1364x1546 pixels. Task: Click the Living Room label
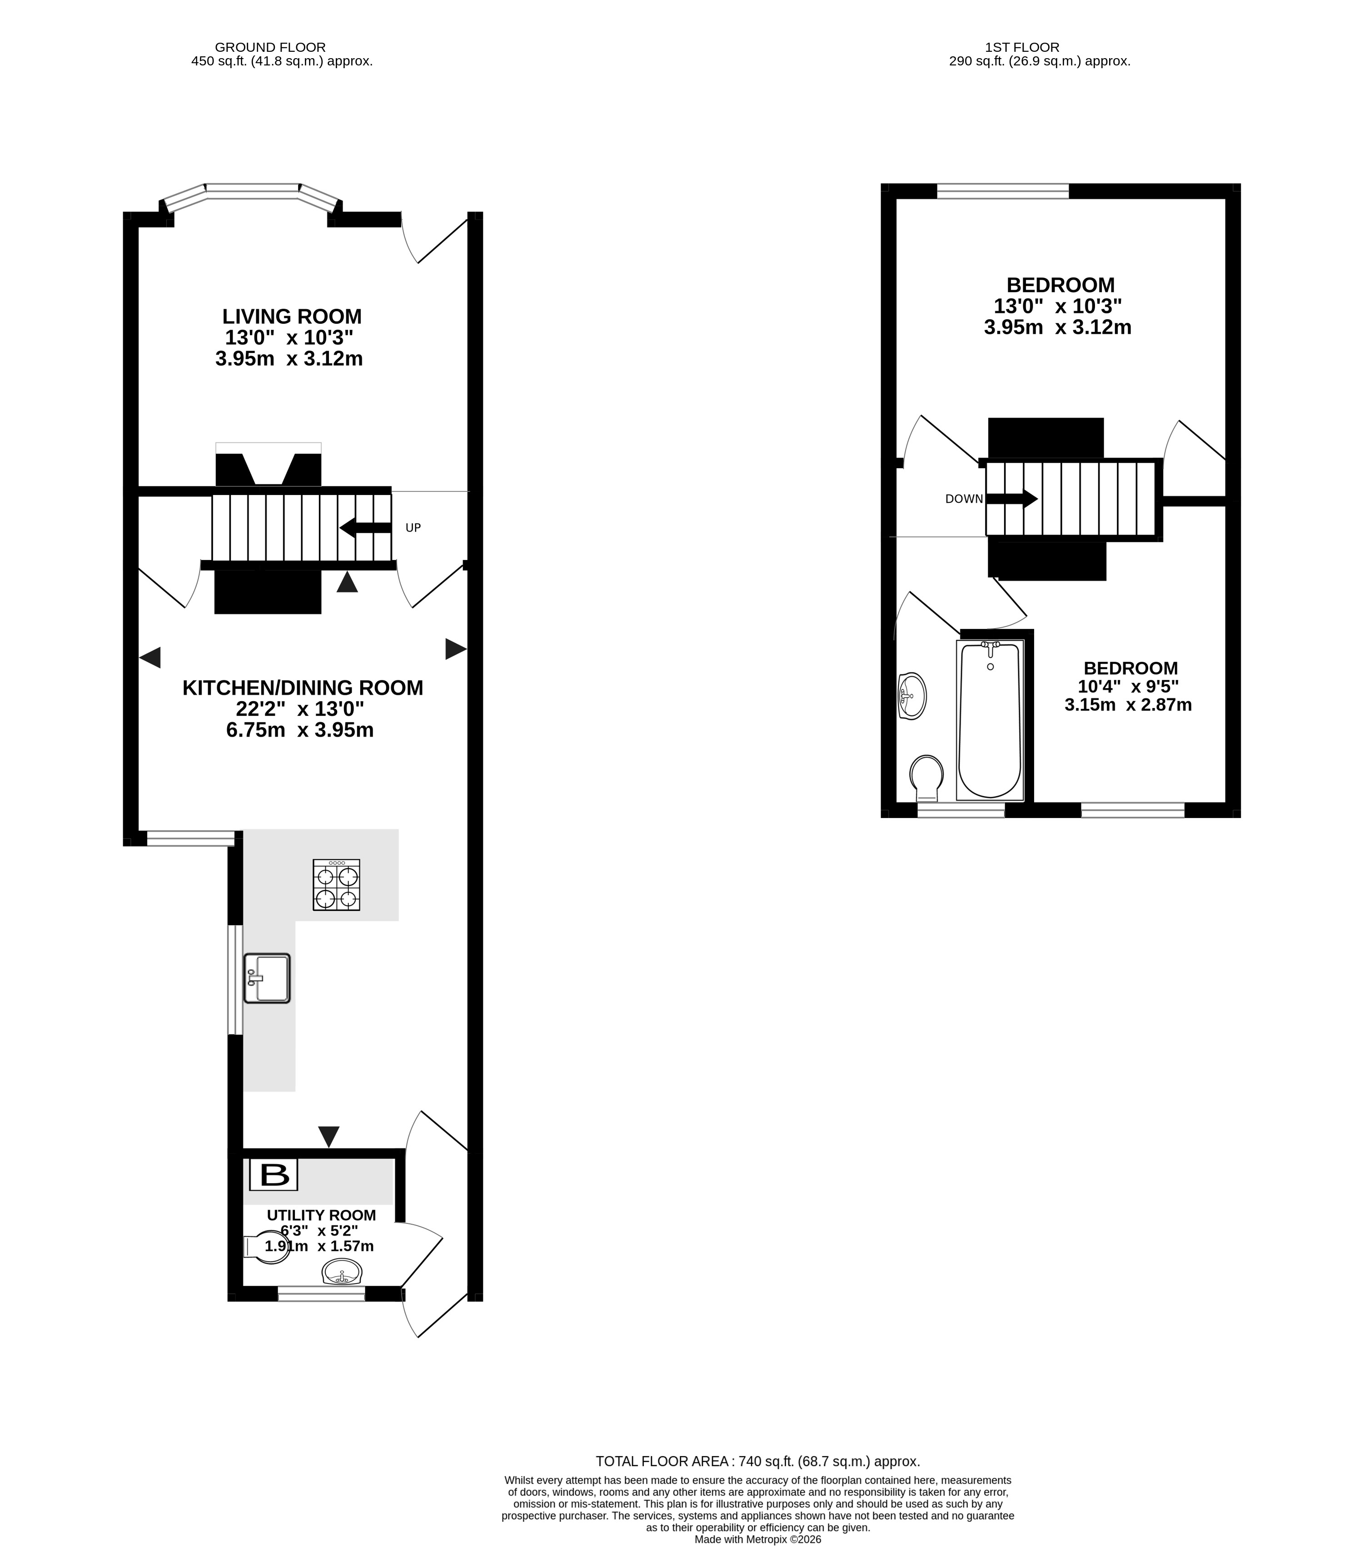(x=292, y=316)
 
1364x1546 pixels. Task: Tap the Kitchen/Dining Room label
(x=303, y=688)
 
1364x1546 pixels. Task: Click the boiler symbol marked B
(x=274, y=1174)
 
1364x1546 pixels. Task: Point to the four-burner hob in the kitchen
(x=337, y=884)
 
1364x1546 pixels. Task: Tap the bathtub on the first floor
(x=990, y=719)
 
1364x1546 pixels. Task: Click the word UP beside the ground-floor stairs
(x=413, y=528)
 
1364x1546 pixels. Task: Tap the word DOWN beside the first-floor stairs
(x=964, y=499)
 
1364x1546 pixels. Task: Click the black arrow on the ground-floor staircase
(x=365, y=528)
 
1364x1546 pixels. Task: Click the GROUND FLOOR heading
(x=270, y=47)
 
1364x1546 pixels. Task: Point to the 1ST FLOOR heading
(x=1022, y=47)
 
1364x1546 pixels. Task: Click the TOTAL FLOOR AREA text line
(x=757, y=1461)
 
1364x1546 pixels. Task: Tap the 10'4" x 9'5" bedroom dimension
(x=1128, y=687)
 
